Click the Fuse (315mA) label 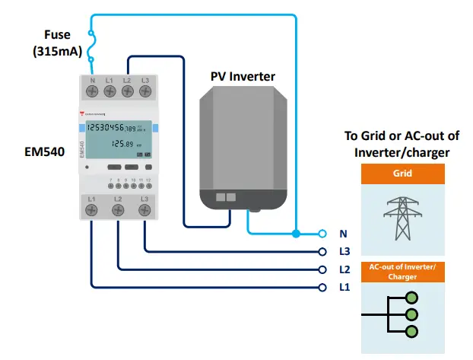[x=57, y=44]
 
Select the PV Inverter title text [x=243, y=76]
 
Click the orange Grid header [x=402, y=174]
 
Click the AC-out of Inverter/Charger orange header [x=402, y=272]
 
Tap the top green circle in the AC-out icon [x=412, y=298]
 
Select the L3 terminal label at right [x=344, y=251]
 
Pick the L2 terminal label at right [x=344, y=269]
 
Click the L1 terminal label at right [x=344, y=288]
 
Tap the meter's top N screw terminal [x=92, y=91]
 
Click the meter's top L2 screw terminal [x=127, y=91]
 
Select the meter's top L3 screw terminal [x=144, y=91]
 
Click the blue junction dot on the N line [x=294, y=233]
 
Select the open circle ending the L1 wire [x=322, y=288]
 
